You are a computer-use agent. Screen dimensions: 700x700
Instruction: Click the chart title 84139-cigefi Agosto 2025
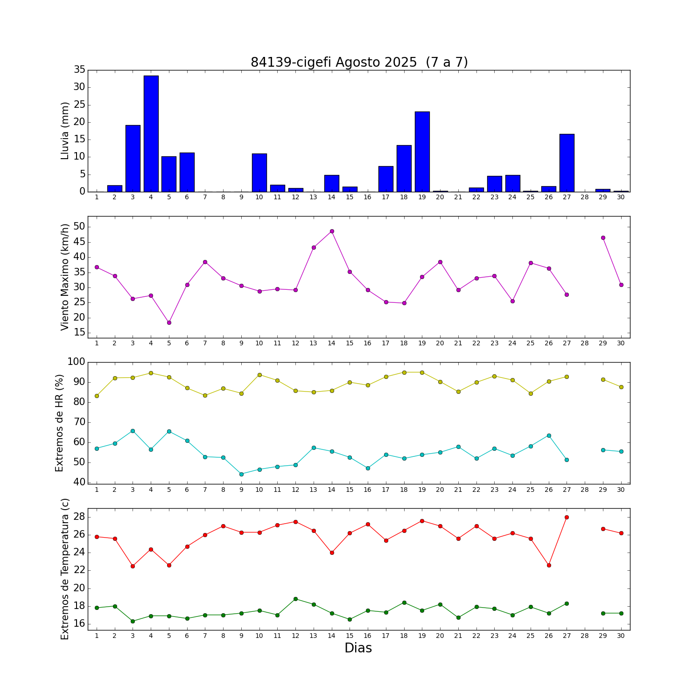coord(359,62)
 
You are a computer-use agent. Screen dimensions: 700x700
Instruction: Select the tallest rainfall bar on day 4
coord(151,133)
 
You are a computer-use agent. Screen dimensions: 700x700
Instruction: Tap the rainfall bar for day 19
coord(422,152)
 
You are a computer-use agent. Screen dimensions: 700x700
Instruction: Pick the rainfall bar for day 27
coord(567,163)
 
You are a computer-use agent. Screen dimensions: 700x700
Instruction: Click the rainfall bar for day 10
coord(259,173)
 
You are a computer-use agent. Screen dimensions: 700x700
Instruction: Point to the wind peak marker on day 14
coord(332,231)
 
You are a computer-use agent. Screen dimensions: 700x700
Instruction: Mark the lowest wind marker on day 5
coord(169,322)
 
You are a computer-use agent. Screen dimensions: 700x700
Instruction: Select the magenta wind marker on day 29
coord(603,238)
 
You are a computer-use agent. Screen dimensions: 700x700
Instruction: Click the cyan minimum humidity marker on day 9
coord(241,474)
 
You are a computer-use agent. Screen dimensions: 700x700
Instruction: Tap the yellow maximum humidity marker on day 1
coord(97,396)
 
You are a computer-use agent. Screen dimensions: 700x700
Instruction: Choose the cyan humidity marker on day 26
coord(549,435)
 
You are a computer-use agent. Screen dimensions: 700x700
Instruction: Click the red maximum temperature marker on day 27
coord(567,517)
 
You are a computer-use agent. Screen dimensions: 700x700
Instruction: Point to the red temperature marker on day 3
coord(133,566)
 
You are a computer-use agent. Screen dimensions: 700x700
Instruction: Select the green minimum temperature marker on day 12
coord(295,599)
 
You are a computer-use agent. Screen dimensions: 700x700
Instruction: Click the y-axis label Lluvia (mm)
coord(65,131)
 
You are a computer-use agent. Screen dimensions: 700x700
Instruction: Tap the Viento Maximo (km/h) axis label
coord(65,277)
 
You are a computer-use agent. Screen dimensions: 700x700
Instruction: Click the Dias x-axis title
coord(358,648)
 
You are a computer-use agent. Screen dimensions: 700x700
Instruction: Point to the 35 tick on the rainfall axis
coord(79,70)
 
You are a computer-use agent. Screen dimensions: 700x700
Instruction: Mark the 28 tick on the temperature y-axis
coord(79,517)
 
